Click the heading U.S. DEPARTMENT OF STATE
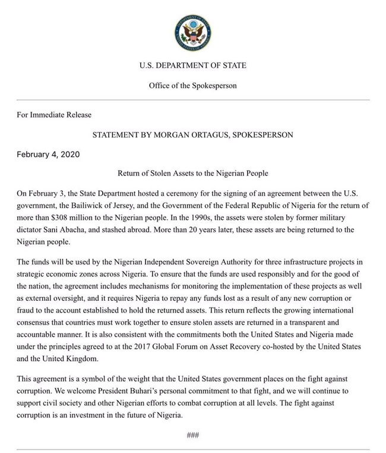(192, 65)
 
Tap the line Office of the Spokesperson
(192, 85)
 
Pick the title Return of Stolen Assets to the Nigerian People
(192, 174)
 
